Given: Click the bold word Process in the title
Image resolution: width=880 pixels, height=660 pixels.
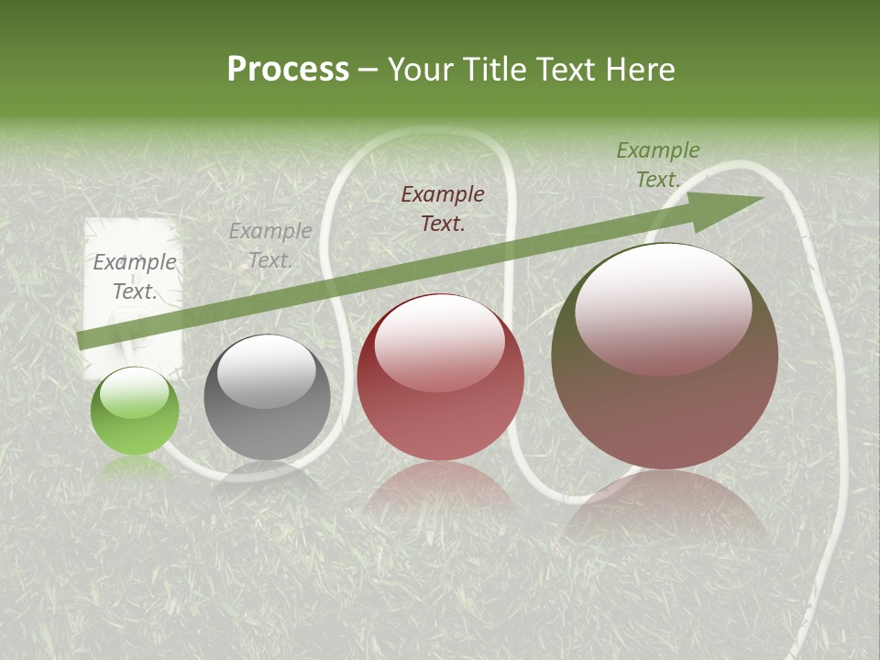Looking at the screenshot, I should pos(288,70).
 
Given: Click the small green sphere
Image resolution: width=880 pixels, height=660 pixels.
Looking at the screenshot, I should pos(135,412).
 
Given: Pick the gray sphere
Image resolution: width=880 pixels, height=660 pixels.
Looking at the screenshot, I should pos(267,398).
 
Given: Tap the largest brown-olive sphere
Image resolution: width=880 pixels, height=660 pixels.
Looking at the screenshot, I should pos(665,357).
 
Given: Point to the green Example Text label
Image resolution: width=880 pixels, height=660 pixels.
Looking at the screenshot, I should pos(657,165).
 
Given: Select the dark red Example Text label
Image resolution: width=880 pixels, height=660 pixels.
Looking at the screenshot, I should pos(443,208).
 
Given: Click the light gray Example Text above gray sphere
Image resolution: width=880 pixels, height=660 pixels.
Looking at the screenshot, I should pos(270,246).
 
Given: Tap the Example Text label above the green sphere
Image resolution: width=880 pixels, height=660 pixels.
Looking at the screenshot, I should pos(135,277).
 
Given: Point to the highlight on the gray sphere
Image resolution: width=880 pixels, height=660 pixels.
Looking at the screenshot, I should pos(267,371).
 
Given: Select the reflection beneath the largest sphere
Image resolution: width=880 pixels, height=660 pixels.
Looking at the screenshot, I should pos(665,504).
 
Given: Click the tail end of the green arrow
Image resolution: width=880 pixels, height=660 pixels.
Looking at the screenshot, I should pos(82,341).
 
